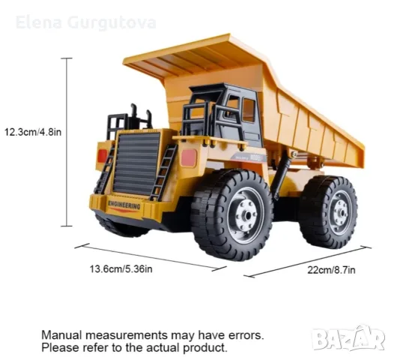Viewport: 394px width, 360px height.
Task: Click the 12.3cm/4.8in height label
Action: [33, 132]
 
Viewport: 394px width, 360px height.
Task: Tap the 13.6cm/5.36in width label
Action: [121, 269]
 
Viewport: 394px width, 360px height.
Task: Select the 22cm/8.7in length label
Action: [331, 270]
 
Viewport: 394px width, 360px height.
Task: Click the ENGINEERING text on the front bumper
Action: [124, 205]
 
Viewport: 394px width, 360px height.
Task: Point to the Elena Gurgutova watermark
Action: [86, 23]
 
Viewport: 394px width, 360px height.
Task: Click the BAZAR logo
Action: [348, 338]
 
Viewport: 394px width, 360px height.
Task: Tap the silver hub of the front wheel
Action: [246, 216]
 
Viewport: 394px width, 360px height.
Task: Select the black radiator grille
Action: [136, 163]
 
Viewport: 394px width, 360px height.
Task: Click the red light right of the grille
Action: [189, 158]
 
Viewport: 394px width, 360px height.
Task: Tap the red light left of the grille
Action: [103, 156]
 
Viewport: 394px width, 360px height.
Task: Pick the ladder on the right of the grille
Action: [163, 172]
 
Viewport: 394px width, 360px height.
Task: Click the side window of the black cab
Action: [249, 110]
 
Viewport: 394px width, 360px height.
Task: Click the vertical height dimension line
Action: [67, 142]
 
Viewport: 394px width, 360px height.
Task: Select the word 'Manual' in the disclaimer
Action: [62, 335]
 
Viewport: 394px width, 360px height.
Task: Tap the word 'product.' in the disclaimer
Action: [205, 348]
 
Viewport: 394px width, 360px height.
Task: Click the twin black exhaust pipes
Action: [141, 116]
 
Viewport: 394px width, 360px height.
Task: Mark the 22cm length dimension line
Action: [308, 262]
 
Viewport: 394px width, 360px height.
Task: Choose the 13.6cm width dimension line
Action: [151, 257]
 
